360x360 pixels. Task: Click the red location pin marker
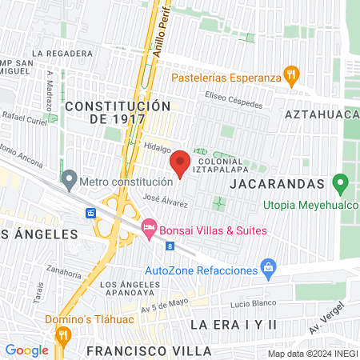pyautogui.click(x=180, y=162)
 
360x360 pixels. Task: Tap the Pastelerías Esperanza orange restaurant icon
pyautogui.click(x=292, y=78)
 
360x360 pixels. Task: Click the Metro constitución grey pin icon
pyautogui.click(x=69, y=181)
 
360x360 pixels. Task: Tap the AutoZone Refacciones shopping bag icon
pyautogui.click(x=269, y=269)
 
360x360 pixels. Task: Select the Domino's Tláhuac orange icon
pyautogui.click(x=62, y=334)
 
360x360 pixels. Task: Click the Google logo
pyautogui.click(x=27, y=350)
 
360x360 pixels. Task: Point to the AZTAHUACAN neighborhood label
pyautogui.click(x=324, y=115)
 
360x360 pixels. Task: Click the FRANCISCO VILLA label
pyautogui.click(x=150, y=351)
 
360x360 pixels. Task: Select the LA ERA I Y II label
pyautogui.click(x=234, y=324)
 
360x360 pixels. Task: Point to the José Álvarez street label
pyautogui.click(x=165, y=201)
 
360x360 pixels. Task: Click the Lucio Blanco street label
pyautogui.click(x=253, y=303)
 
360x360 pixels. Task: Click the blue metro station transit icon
pyautogui.click(x=91, y=213)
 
